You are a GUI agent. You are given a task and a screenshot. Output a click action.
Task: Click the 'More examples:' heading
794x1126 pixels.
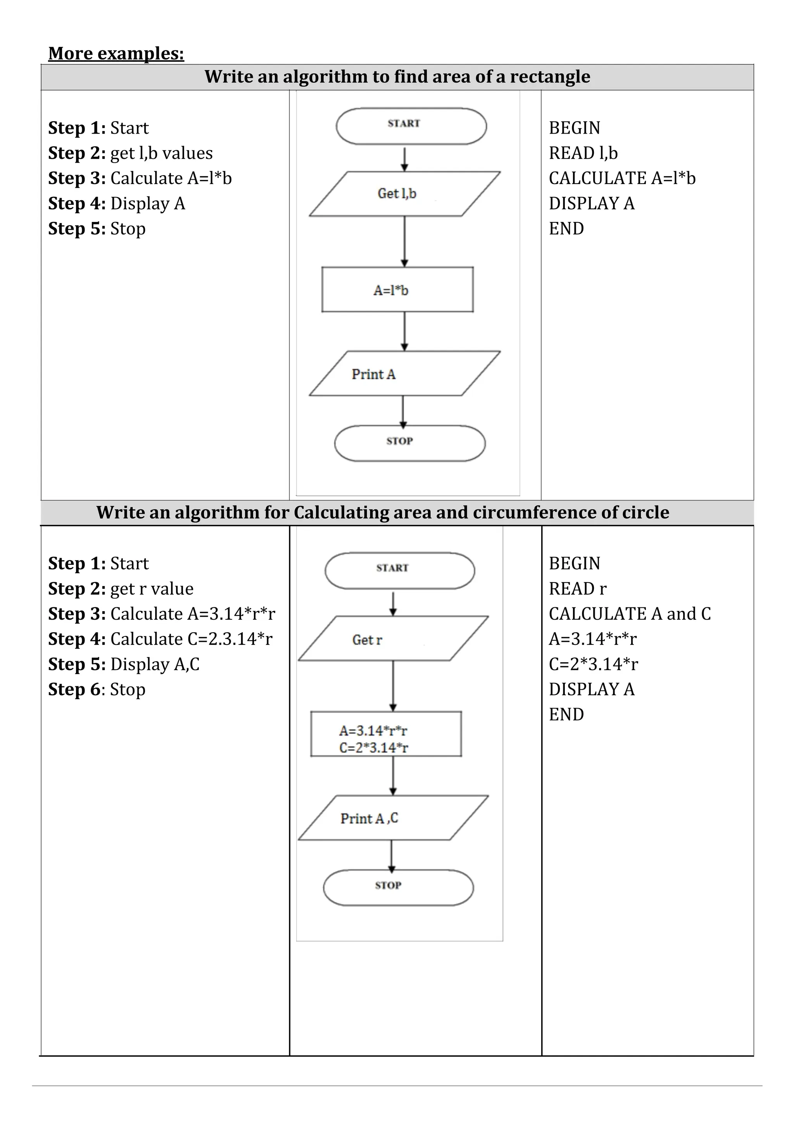point(116,53)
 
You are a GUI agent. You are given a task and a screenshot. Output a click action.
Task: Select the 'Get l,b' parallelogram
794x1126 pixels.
point(404,194)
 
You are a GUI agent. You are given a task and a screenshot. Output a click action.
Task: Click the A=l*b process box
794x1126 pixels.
point(397,290)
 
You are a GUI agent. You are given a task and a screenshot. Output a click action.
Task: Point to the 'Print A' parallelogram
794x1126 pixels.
point(404,373)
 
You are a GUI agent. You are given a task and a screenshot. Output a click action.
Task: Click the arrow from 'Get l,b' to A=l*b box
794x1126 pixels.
point(404,241)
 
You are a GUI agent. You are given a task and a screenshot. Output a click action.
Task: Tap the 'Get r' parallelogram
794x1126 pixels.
point(393,638)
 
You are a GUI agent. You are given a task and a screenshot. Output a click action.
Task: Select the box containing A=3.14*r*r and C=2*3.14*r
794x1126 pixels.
point(386,734)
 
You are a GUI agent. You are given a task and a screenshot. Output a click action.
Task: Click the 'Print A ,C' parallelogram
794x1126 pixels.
point(393,818)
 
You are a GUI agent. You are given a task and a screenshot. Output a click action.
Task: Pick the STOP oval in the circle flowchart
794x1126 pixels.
point(398,888)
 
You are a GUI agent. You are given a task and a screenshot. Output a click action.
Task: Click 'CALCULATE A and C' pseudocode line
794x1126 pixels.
point(629,614)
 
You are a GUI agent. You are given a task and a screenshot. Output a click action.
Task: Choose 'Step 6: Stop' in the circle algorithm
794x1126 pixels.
point(97,689)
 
